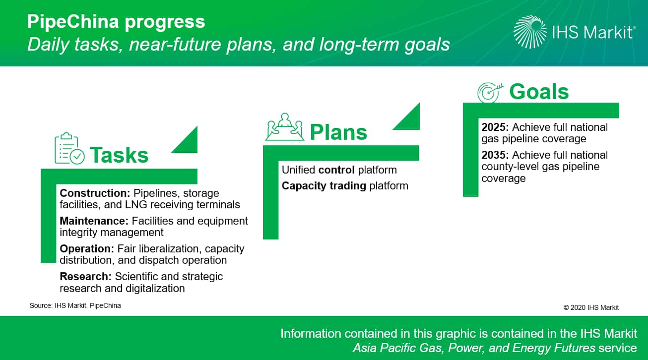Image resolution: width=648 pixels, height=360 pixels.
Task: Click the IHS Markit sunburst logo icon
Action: [530, 32]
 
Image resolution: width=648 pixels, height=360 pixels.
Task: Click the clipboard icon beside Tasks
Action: [69, 148]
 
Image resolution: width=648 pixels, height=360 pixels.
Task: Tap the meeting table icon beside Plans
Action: [285, 127]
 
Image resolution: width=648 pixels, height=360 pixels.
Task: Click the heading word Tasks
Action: [119, 155]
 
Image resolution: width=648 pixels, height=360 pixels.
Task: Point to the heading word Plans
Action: [338, 132]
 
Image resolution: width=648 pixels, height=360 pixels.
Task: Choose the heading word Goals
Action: [539, 92]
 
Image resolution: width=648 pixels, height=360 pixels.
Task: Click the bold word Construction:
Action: [95, 193]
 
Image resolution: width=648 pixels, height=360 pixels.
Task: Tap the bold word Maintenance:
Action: [94, 221]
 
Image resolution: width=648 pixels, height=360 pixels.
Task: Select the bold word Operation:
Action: [87, 248]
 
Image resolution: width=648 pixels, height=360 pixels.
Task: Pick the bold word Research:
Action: [86, 276]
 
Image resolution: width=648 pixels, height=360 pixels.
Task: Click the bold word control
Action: [336, 170]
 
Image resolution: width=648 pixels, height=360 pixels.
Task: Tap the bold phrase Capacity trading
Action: [324, 186]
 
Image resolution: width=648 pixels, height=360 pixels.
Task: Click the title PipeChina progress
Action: [116, 22]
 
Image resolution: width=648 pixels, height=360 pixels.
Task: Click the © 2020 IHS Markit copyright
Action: [591, 307]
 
